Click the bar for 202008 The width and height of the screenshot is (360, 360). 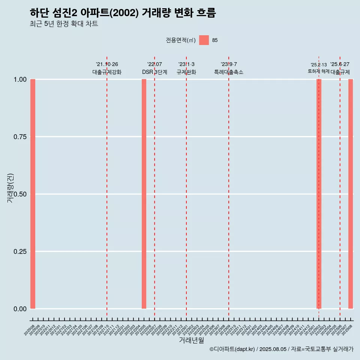click(33, 194)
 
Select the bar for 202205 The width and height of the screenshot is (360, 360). click(144, 194)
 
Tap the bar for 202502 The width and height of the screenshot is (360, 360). click(319, 194)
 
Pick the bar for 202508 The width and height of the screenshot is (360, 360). click(351, 194)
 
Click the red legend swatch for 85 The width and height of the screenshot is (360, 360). click(204, 40)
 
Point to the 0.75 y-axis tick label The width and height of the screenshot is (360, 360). click(20, 137)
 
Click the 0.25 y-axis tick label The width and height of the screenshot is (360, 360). click(20, 252)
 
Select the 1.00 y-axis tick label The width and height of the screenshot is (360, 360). click(20, 79)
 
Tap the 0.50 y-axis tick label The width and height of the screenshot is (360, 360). click(20, 194)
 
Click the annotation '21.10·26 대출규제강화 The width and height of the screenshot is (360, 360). click(107, 68)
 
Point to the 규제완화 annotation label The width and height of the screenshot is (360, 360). click(186, 72)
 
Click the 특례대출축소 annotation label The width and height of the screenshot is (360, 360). click(229, 72)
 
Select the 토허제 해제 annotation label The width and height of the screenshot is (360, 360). click(318, 71)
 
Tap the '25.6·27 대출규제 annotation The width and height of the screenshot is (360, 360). click(340, 68)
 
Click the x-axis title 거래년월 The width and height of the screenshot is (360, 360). click(191, 340)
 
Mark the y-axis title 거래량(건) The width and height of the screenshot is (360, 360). click(10, 188)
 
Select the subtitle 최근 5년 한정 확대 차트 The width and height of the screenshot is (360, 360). click(64, 24)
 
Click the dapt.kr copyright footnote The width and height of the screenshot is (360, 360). click(281, 349)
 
